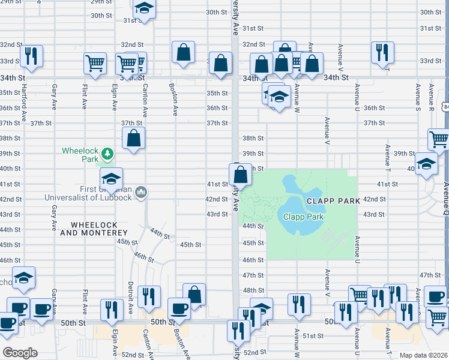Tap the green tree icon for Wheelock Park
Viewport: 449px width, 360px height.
[107, 154]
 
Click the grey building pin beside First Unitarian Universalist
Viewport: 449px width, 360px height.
[142, 192]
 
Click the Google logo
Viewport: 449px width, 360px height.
[20, 353]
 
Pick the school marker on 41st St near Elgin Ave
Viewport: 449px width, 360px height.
[111, 179]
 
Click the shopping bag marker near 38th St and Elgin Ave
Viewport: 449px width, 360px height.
[134, 138]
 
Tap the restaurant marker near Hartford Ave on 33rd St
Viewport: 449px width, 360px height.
[31, 55]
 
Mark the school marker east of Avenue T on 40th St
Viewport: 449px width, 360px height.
[426, 164]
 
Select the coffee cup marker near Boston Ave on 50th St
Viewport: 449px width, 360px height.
[179, 308]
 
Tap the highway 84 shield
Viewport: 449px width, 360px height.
[444, 106]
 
